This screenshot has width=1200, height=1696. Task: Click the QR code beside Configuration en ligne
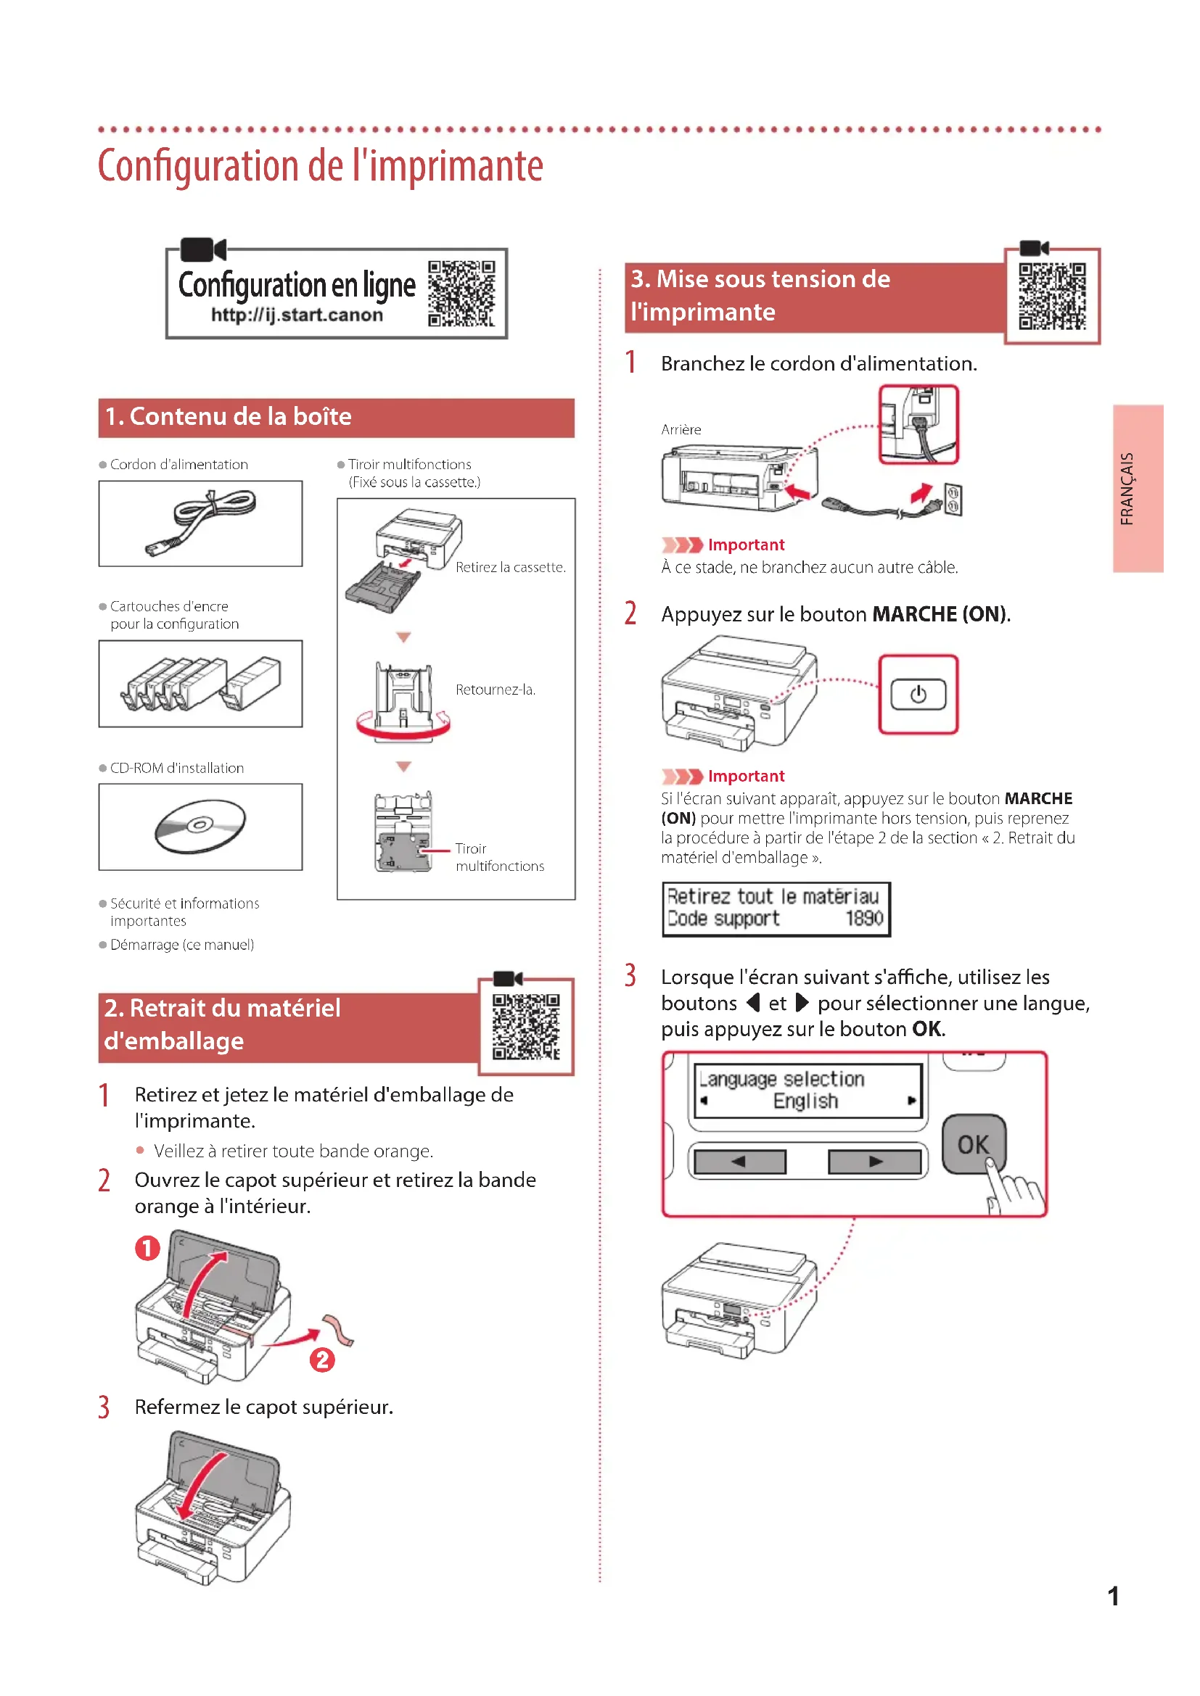pyautogui.click(x=461, y=293)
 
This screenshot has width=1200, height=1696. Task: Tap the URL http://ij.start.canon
pyautogui.click(x=297, y=315)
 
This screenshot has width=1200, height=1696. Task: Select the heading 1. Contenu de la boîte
pyautogui.click(x=229, y=417)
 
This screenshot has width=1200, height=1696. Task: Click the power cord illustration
pyautogui.click(x=200, y=522)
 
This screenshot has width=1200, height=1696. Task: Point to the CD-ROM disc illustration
pyautogui.click(x=200, y=825)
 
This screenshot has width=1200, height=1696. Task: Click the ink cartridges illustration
pyautogui.click(x=200, y=683)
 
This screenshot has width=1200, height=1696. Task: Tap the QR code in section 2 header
pyautogui.click(x=526, y=1027)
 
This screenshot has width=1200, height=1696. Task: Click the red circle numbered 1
pyautogui.click(x=147, y=1249)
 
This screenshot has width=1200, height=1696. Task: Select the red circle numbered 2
pyautogui.click(x=322, y=1360)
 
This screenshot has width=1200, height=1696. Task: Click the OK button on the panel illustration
pyautogui.click(x=973, y=1144)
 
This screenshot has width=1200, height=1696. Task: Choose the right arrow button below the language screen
pyautogui.click(x=875, y=1162)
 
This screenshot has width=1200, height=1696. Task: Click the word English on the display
pyautogui.click(x=805, y=1101)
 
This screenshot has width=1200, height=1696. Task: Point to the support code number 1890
pyautogui.click(x=865, y=918)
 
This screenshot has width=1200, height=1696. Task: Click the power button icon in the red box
pyautogui.click(x=918, y=695)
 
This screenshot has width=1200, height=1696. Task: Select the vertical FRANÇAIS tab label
pyautogui.click(x=1127, y=488)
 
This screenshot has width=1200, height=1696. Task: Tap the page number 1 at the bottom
pyautogui.click(x=1113, y=1596)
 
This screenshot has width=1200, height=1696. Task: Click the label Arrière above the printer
pyautogui.click(x=681, y=430)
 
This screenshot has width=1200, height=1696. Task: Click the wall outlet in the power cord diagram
pyautogui.click(x=953, y=500)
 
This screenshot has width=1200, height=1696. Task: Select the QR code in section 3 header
pyautogui.click(x=1052, y=297)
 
